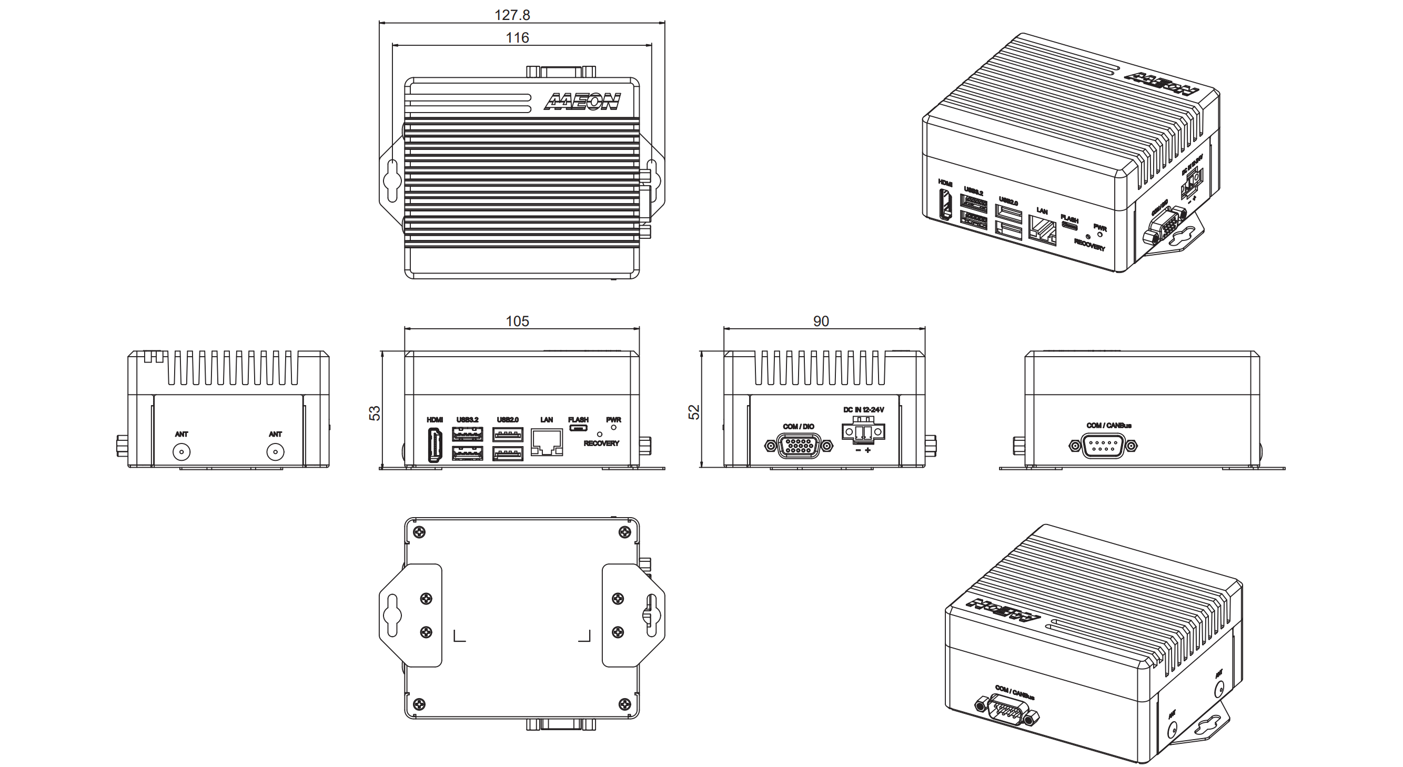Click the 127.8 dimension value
[512, 15]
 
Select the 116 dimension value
[517, 38]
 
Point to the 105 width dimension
[517, 321]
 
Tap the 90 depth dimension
[821, 321]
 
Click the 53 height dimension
[375, 413]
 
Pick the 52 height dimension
[694, 412]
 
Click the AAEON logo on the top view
[582, 102]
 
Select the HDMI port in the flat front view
[435, 445]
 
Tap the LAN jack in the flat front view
[546, 442]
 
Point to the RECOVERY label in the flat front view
[601, 443]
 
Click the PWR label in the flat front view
[613, 420]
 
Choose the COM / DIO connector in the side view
[799, 446]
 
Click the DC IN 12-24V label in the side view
[863, 410]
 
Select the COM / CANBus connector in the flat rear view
[1103, 446]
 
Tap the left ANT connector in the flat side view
[181, 452]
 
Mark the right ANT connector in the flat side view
[275, 452]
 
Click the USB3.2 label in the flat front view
[467, 420]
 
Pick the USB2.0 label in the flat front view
[508, 420]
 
